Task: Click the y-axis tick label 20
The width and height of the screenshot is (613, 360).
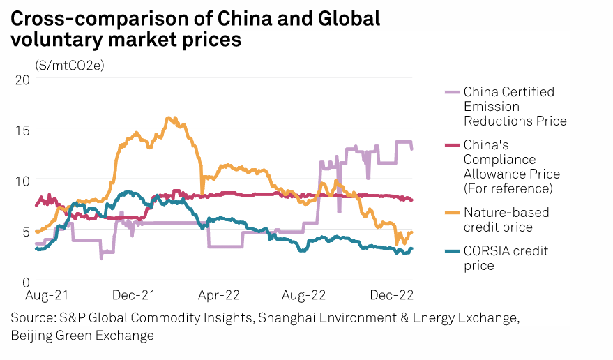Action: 22,79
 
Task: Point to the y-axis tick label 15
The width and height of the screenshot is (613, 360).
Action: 22,130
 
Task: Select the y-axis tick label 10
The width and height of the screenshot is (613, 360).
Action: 22,181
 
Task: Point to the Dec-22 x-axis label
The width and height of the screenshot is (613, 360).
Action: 393,297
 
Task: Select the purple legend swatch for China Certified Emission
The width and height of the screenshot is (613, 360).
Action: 452,91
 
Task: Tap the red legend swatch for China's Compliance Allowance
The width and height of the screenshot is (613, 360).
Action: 452,144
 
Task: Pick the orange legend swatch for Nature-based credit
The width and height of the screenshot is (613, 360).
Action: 452,212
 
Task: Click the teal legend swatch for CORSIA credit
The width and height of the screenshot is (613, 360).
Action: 452,250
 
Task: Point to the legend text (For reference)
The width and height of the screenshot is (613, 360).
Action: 508,188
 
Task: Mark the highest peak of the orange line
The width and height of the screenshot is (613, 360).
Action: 168,117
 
